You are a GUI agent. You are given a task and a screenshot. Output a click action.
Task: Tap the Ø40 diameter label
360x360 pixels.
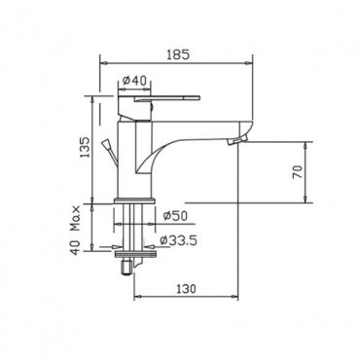135,80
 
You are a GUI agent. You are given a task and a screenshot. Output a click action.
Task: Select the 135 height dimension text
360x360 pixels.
85,147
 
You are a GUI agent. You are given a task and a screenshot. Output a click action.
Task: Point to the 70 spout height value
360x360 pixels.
298,172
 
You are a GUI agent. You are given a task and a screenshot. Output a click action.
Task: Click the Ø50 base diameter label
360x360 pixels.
175,216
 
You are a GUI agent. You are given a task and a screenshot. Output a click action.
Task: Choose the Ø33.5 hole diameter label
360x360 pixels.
178,240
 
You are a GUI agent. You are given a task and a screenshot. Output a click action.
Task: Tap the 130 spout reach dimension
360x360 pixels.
186,288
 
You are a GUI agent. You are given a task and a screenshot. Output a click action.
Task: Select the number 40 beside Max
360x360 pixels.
75,248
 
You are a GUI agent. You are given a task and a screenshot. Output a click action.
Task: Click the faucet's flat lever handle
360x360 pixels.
167,98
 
